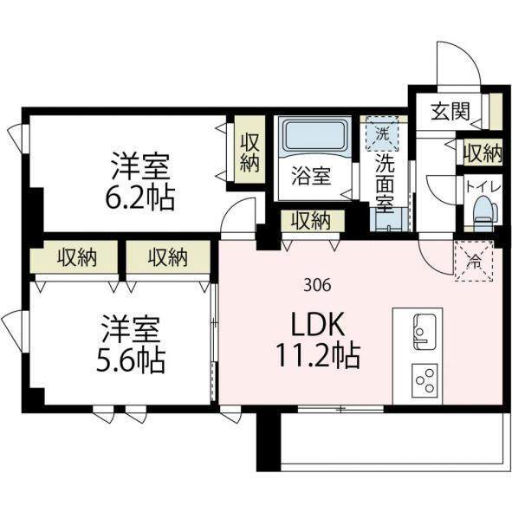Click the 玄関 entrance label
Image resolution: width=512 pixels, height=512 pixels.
pyautogui.click(x=450, y=111)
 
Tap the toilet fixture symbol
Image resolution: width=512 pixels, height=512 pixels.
pyautogui.click(x=485, y=210)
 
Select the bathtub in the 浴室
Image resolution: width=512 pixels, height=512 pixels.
pyautogui.click(x=314, y=135)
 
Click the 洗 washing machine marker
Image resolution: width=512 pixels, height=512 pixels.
pyautogui.click(x=382, y=134)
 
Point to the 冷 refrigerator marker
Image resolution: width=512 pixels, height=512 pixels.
pyautogui.click(x=474, y=260)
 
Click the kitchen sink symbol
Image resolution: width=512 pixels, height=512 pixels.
pyautogui.click(x=425, y=332)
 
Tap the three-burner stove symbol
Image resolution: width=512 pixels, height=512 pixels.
pyautogui.click(x=425, y=380)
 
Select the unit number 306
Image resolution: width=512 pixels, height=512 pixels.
pyautogui.click(x=317, y=286)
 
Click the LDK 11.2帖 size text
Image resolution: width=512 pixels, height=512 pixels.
pyautogui.click(x=318, y=340)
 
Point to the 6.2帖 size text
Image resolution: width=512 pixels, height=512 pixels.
pyautogui.click(x=139, y=198)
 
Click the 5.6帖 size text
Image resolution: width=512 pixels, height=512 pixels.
pyautogui.click(x=131, y=361)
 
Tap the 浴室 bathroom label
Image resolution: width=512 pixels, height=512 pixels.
pyautogui.click(x=311, y=177)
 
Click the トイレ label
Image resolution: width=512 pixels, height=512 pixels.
pyautogui.click(x=483, y=187)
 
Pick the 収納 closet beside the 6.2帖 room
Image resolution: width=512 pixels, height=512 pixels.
pyautogui.click(x=250, y=149)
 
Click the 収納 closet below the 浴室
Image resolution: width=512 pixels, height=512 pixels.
pyautogui.click(x=311, y=221)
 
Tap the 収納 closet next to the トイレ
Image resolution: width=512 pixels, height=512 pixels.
pyautogui.click(x=483, y=152)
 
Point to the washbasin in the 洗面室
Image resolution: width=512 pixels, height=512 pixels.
pyautogui.click(x=389, y=220)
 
